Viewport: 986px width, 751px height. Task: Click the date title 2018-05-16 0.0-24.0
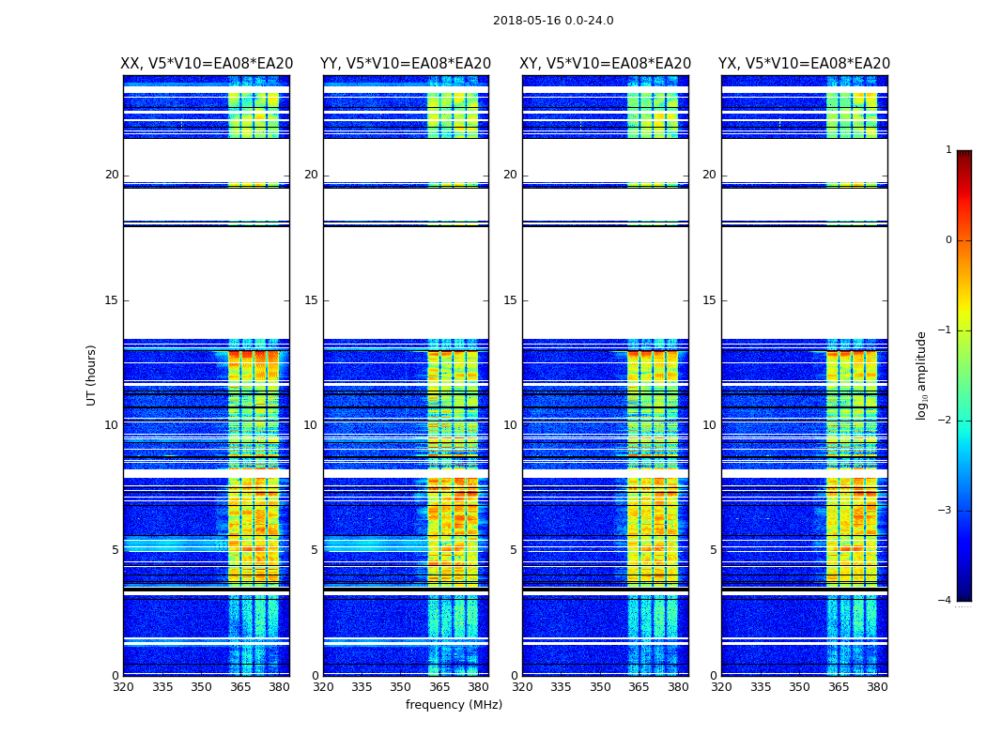pyautogui.click(x=553, y=21)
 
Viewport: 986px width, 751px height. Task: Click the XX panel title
pyautogui.click(x=207, y=64)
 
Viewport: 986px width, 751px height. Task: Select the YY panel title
pyautogui.click(x=406, y=64)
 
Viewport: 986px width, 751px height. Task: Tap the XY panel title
pyautogui.click(x=606, y=64)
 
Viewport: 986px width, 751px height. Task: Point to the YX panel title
pyautogui.click(x=805, y=64)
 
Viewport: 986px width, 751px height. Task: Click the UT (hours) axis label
pyautogui.click(x=92, y=375)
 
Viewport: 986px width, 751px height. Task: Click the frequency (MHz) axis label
pyautogui.click(x=454, y=705)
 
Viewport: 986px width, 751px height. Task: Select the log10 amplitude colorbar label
pyautogui.click(x=922, y=375)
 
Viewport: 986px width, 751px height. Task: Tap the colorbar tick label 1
pyautogui.click(x=948, y=150)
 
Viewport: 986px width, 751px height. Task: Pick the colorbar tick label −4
pyautogui.click(x=946, y=601)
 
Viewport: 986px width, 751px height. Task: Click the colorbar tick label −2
pyautogui.click(x=946, y=421)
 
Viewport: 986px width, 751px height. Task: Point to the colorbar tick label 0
pyautogui.click(x=948, y=240)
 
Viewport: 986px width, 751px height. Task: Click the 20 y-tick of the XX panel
pyautogui.click(x=112, y=175)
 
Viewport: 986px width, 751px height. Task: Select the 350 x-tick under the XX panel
pyautogui.click(x=201, y=687)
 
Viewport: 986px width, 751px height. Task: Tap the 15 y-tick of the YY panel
pyautogui.click(x=311, y=300)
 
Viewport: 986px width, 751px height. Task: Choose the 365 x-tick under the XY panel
pyautogui.click(x=639, y=687)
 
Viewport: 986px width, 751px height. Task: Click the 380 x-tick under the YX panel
pyautogui.click(x=877, y=687)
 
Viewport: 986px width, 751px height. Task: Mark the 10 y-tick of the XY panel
pyautogui.click(x=510, y=425)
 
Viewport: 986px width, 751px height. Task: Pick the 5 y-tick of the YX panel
pyautogui.click(x=713, y=550)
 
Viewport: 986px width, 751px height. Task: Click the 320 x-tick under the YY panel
pyautogui.click(x=323, y=687)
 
